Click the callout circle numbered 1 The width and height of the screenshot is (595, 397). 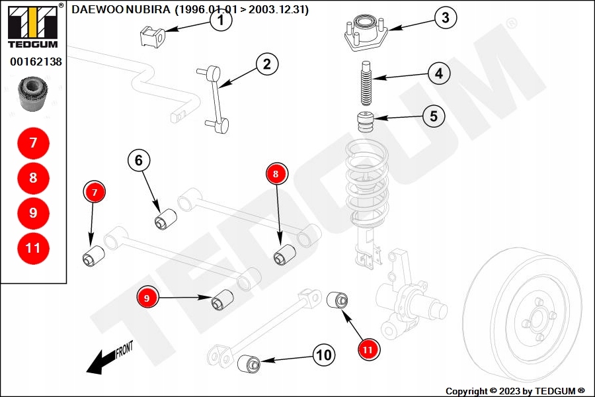[x=220, y=20]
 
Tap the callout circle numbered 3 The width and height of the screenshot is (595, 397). [x=445, y=17]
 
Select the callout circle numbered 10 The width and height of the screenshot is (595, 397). [x=324, y=355]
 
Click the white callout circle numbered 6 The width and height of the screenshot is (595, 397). [x=139, y=160]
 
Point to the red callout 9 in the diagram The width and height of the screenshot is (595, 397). [x=147, y=298]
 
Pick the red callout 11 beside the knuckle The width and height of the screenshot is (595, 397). [x=368, y=349]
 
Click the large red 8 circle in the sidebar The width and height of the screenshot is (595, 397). [x=34, y=178]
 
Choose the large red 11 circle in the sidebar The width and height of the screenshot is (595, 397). [x=34, y=248]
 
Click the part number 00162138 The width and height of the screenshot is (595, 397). [x=36, y=62]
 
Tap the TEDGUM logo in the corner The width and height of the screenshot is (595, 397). [x=34, y=26]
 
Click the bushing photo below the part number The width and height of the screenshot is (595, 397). [x=34, y=94]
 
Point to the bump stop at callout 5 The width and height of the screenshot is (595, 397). [x=366, y=122]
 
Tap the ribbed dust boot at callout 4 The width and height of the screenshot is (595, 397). [x=366, y=83]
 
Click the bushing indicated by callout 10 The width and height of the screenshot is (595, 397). [x=249, y=363]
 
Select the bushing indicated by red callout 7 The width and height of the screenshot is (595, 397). [x=94, y=255]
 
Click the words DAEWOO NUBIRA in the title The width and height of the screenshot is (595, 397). [x=121, y=9]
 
